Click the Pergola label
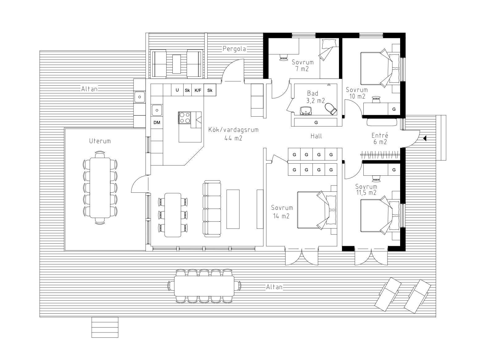[x=234, y=49]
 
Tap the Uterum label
[x=100, y=141]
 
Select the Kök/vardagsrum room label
[x=233, y=134]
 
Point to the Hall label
[x=316, y=136]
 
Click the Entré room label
[x=380, y=139]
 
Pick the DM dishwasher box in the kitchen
[x=157, y=122]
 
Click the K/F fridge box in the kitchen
[x=198, y=90]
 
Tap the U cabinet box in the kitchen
[x=177, y=90]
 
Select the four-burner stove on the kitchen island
[x=184, y=118]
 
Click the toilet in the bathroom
[x=331, y=109]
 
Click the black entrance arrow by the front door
[x=425, y=139]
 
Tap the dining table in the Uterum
[x=100, y=188]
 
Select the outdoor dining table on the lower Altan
[x=204, y=286]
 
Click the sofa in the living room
[x=212, y=209]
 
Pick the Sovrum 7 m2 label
[x=302, y=65]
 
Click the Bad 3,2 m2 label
[x=315, y=97]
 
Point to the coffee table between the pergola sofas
[x=176, y=64]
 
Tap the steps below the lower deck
[x=105, y=327]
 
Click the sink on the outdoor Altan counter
[x=140, y=97]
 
